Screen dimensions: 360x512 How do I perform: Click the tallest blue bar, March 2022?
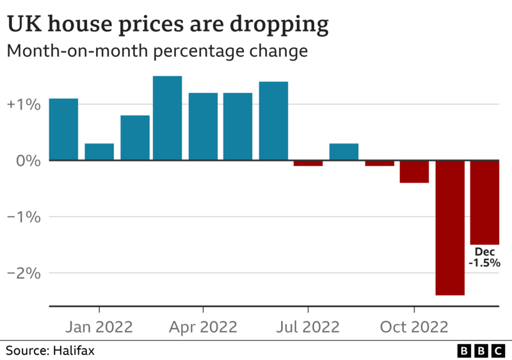(x=167, y=119)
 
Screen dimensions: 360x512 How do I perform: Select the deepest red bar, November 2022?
(x=450, y=227)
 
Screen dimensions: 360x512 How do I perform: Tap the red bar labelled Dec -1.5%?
(x=484, y=202)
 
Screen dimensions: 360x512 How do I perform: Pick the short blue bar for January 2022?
(x=99, y=152)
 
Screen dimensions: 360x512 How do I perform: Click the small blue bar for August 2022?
(x=344, y=152)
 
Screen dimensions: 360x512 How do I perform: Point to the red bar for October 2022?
(x=414, y=172)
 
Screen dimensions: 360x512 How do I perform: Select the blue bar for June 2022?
(x=273, y=121)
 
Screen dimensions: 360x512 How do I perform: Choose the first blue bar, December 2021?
(x=63, y=129)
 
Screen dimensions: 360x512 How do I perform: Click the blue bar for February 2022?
(x=135, y=138)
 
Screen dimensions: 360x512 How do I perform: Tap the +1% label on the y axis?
(x=24, y=104)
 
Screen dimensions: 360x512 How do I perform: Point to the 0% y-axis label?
(x=29, y=161)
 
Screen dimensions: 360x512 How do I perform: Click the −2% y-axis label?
(x=24, y=274)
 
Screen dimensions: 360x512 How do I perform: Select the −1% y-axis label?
(x=24, y=217)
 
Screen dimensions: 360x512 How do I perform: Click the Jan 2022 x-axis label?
(x=99, y=327)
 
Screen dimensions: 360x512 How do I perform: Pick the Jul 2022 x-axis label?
(x=308, y=327)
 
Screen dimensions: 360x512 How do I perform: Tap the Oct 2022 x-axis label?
(x=414, y=327)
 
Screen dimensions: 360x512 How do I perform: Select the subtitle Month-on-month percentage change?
(x=157, y=51)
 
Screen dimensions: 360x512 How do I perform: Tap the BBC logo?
(x=481, y=350)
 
